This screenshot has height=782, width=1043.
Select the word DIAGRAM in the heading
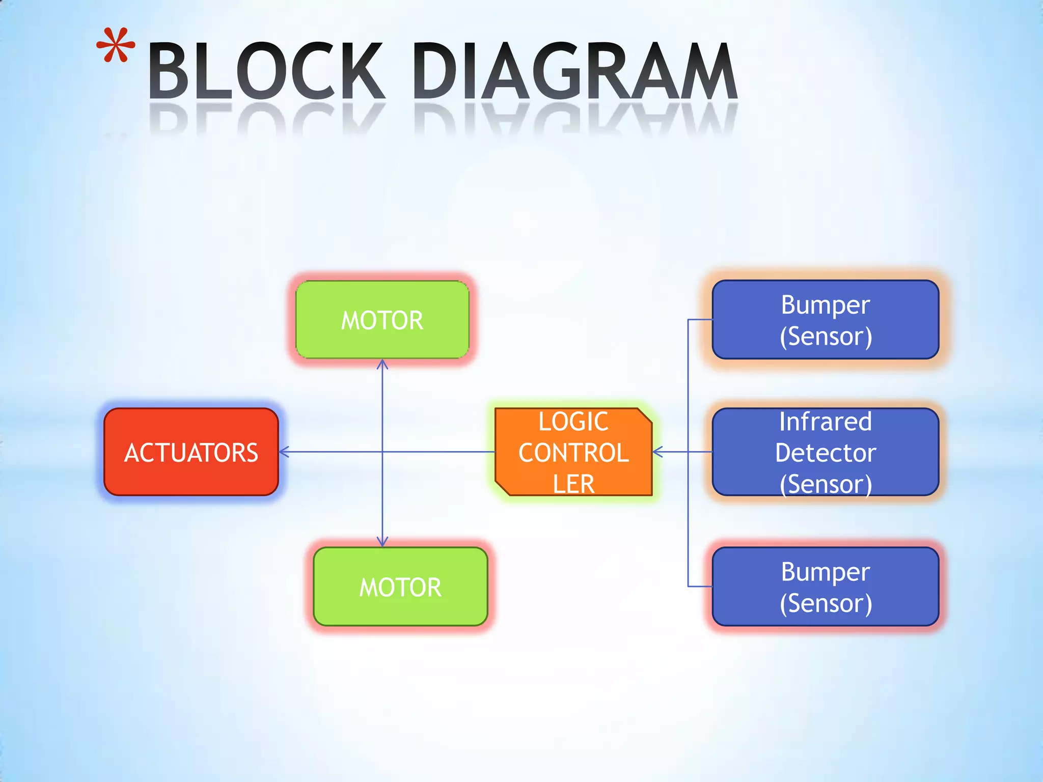point(574,71)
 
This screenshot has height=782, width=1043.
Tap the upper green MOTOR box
point(382,320)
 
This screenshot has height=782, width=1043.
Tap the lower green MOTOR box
point(400,586)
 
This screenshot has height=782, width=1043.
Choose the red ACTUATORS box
point(191,452)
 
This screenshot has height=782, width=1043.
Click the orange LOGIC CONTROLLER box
point(573,452)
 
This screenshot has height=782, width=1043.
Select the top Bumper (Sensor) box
point(825,320)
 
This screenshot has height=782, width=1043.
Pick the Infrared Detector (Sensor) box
point(825,452)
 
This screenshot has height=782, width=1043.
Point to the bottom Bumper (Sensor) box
point(825,586)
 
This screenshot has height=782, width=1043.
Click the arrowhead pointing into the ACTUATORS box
point(283,452)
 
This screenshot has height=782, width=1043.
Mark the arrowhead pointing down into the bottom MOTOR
point(382,542)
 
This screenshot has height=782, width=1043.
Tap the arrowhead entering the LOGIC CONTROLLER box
point(657,452)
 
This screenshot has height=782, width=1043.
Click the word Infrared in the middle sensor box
point(825,422)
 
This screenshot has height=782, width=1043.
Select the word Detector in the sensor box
point(825,453)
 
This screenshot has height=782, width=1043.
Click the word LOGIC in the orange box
point(573,422)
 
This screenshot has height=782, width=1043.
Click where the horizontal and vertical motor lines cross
point(382,452)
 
